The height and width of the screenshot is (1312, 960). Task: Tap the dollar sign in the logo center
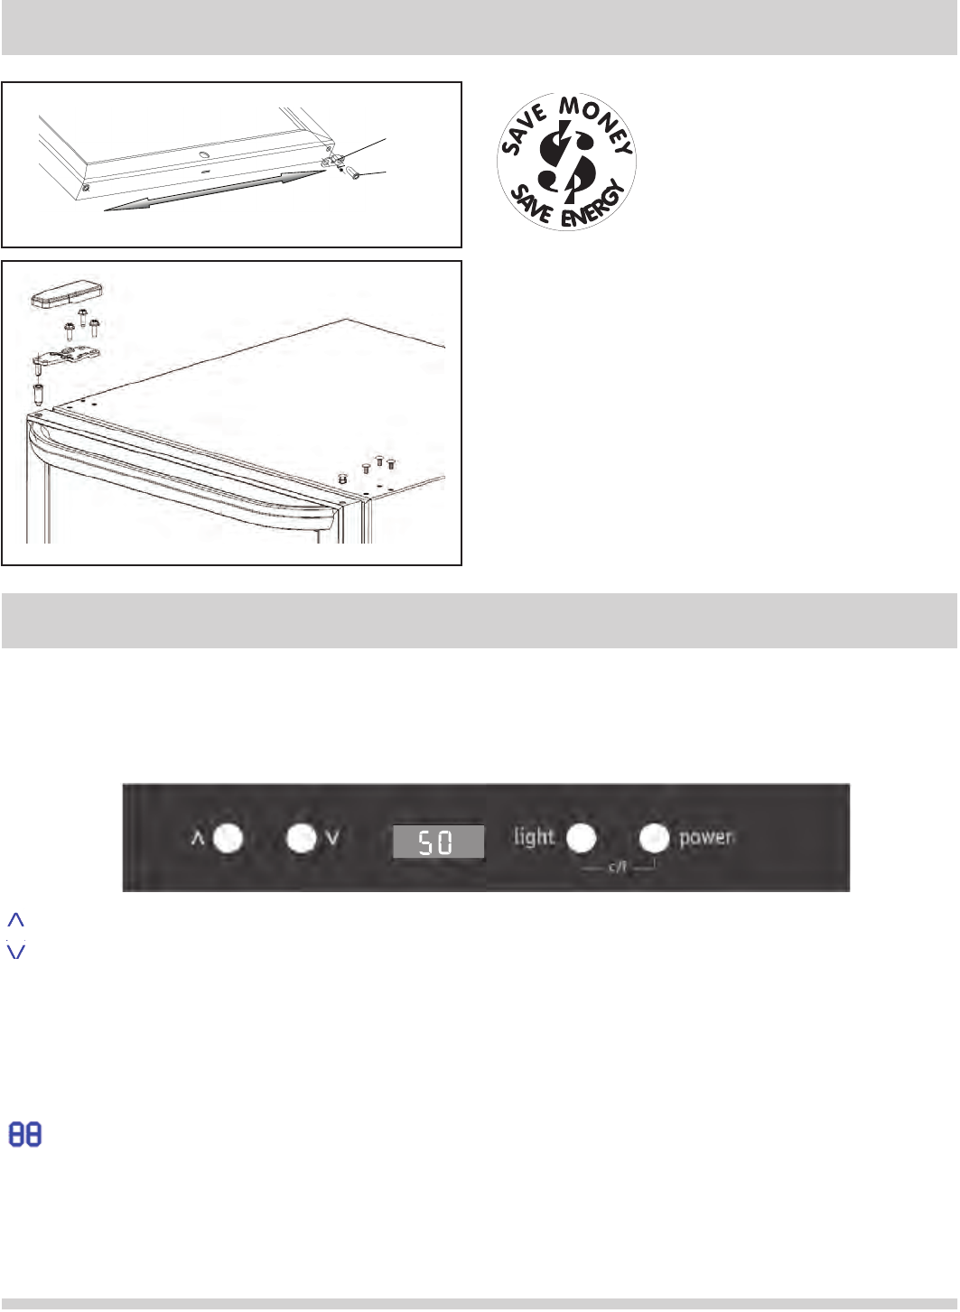click(567, 162)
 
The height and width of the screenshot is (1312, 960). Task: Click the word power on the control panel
click(706, 838)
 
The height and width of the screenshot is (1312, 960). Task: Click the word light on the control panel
click(534, 836)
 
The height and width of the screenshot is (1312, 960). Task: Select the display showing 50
click(438, 842)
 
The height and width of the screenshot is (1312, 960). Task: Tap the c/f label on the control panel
click(618, 866)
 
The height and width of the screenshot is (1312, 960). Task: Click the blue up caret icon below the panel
click(16, 919)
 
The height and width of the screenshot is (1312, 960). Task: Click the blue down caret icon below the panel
click(16, 951)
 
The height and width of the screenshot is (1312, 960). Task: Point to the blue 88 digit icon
click(25, 1134)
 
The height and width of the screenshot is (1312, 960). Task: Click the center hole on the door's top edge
click(203, 154)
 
